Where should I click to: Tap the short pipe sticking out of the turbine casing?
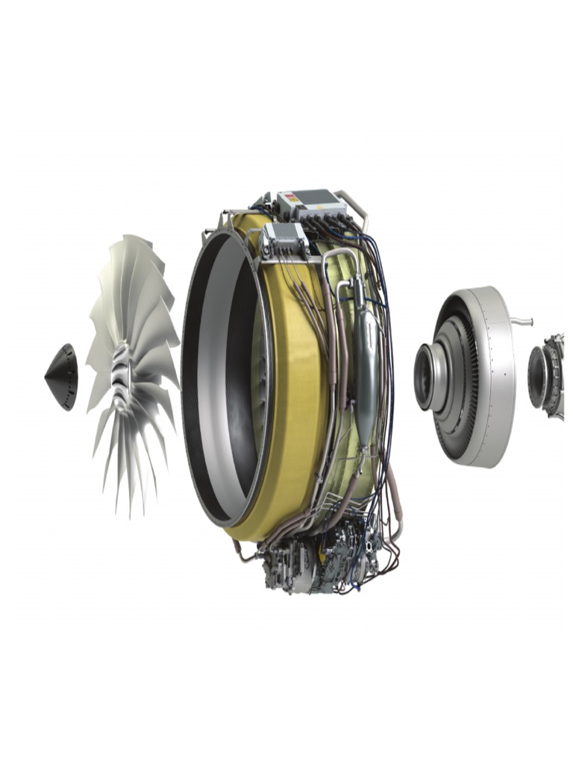(522, 322)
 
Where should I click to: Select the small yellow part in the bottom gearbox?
(323, 556)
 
